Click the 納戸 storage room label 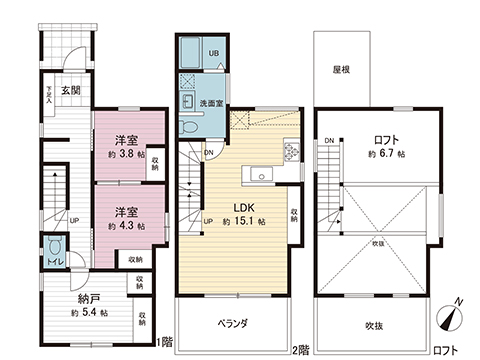click(x=89, y=297)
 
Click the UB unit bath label click(x=212, y=52)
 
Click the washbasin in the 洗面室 click(x=189, y=101)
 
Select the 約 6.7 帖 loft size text click(x=385, y=155)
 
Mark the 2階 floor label click(x=302, y=349)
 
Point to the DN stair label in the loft click(x=327, y=140)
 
